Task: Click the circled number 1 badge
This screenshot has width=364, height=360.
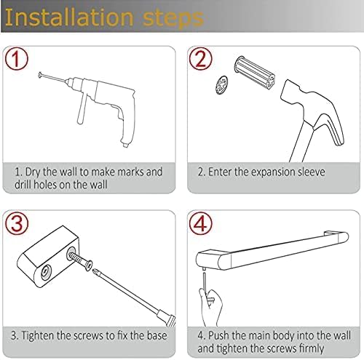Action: (17, 59)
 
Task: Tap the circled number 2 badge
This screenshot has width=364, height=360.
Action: (200, 59)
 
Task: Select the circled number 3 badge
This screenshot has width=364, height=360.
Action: (17, 223)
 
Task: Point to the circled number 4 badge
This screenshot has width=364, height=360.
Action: (200, 223)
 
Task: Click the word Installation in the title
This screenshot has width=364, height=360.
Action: (69, 17)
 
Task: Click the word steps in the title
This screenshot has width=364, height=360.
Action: (173, 19)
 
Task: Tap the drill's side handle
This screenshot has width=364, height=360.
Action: (82, 108)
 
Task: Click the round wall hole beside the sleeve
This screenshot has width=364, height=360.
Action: (221, 84)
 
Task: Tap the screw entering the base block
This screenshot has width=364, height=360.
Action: (81, 260)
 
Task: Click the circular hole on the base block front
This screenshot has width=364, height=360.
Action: (46, 272)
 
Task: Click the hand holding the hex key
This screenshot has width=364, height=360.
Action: (210, 307)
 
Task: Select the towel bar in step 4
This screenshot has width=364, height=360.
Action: (272, 252)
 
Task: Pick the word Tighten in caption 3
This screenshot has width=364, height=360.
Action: (38, 336)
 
